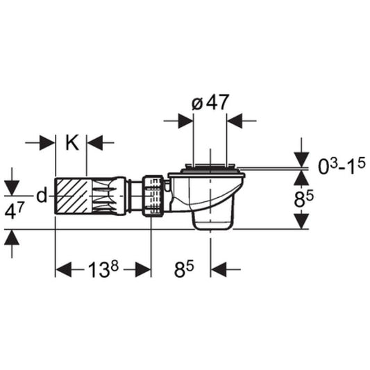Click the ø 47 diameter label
(210, 103)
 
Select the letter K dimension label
(72, 143)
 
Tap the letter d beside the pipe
(42, 195)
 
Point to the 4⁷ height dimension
(14, 211)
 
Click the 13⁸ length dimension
(103, 269)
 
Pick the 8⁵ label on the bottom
(184, 269)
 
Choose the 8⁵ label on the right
(303, 199)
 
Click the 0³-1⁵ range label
(342, 166)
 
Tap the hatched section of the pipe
(71, 196)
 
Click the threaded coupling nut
(153, 195)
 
